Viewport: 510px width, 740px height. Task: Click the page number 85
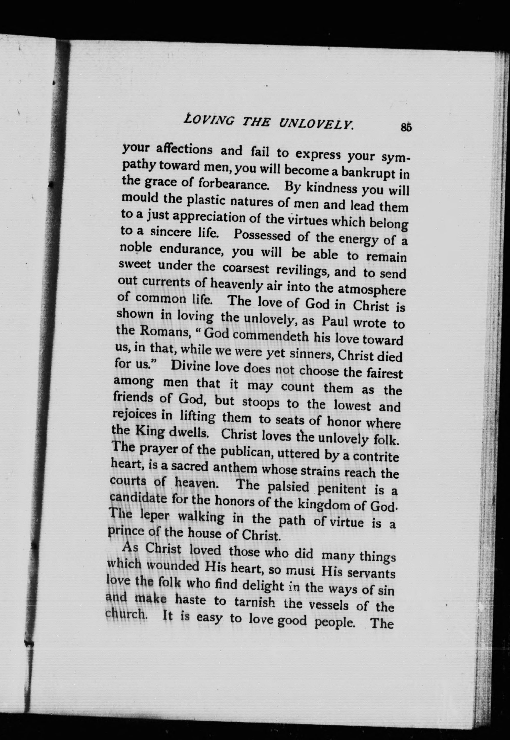(406, 127)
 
